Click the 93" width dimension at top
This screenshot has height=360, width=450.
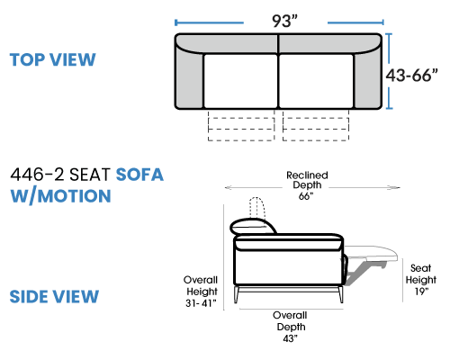click(284, 21)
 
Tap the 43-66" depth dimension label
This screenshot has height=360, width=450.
click(411, 75)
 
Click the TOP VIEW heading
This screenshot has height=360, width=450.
click(53, 59)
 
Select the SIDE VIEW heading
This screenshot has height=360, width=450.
click(54, 296)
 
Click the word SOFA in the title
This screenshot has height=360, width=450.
click(139, 175)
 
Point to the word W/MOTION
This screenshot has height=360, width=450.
click(61, 196)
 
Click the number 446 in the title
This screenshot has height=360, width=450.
click(27, 175)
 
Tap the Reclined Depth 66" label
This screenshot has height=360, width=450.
click(307, 185)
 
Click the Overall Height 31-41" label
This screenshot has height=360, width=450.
click(201, 292)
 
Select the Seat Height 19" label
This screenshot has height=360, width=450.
click(421, 280)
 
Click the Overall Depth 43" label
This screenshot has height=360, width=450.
click(290, 327)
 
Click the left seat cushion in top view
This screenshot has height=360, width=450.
click(240, 81)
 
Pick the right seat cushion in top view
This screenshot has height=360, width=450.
click(316, 81)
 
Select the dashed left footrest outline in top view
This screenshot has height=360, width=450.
click(241, 130)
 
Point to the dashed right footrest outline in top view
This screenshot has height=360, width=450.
click(316, 130)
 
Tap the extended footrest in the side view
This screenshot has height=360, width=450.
click(372, 254)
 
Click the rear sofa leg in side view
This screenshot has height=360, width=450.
click(237, 294)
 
